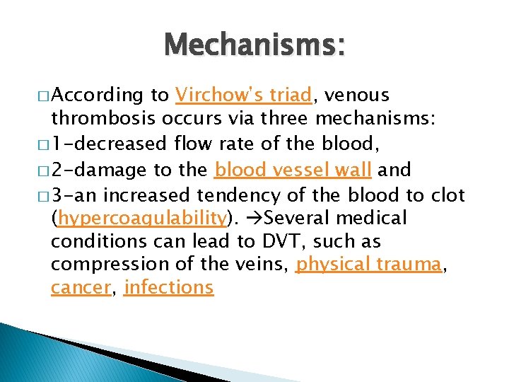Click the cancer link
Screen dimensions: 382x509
click(80, 288)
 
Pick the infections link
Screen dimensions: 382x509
click(168, 288)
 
